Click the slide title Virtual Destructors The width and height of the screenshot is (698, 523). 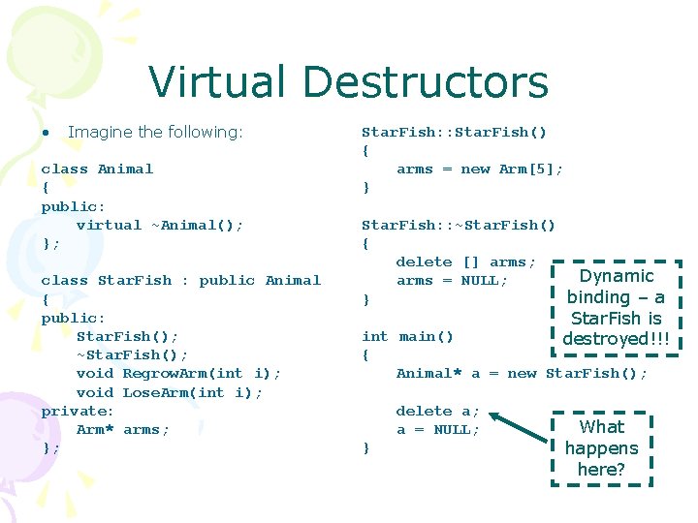[348, 82]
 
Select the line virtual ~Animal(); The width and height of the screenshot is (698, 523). [160, 225]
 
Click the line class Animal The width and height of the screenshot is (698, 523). [97, 169]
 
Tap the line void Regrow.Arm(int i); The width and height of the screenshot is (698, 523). [178, 373]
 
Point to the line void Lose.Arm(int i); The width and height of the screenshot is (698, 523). [170, 392]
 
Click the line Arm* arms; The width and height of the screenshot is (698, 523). [123, 429]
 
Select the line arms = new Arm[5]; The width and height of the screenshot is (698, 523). [479, 169]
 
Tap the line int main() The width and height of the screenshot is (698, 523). [407, 336]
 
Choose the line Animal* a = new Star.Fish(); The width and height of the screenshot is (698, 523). [522, 373]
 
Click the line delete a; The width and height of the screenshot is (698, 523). [437, 411]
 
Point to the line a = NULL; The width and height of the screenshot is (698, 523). [437, 429]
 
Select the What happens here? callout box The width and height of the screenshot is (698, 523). [601, 447]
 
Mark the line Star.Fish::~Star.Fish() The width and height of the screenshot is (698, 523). [459, 225]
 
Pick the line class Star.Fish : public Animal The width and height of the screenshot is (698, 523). [180, 280]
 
